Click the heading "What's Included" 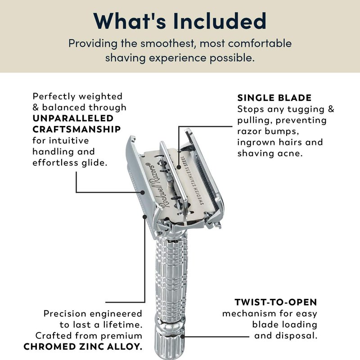click(x=180, y=21)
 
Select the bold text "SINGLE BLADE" click(x=274, y=98)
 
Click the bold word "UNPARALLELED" click(x=73, y=118)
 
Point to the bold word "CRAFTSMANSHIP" click(x=76, y=129)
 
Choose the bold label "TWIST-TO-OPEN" click(x=276, y=302)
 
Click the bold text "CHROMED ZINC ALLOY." click(x=83, y=346)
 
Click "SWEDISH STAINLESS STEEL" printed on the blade click(x=192, y=180)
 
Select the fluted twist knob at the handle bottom click(x=170, y=342)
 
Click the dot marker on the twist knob click(x=182, y=336)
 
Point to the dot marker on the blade click(x=179, y=167)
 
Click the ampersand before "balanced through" click(x=36, y=108)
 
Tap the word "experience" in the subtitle click(x=177, y=58)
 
